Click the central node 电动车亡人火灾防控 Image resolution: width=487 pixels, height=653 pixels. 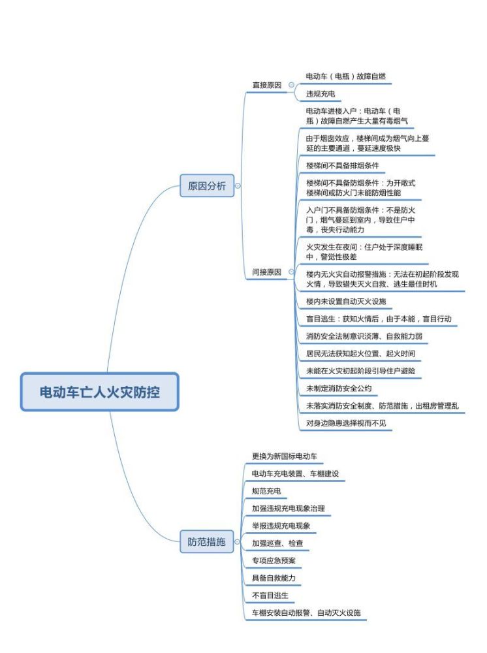click(99, 392)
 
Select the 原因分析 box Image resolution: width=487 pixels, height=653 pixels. click(207, 185)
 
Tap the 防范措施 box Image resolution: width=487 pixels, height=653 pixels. click(206, 542)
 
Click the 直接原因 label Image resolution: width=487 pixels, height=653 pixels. click(267, 85)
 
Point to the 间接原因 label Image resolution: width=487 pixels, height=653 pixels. click(267, 272)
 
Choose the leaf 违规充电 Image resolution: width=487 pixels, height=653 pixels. click(321, 93)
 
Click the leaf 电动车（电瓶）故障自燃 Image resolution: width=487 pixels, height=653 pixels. click(346, 76)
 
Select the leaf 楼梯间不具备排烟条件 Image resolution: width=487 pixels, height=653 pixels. click(343, 165)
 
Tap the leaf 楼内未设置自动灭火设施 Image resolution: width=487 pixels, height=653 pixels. click(346, 301)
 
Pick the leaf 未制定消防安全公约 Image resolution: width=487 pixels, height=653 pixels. click(339, 388)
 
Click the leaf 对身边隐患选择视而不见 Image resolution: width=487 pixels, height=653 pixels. click(346, 423)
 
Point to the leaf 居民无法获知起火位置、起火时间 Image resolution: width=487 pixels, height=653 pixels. click(360, 353)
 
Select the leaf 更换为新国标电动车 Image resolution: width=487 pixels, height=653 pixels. click(285, 456)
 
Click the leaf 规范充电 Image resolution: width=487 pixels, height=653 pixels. click(266, 491)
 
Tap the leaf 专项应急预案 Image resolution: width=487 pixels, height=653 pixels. click(274, 560)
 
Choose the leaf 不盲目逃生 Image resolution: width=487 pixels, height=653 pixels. click(270, 596)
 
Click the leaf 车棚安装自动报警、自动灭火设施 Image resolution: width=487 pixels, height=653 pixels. click(306, 613)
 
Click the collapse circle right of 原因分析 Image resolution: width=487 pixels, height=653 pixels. click(238, 185)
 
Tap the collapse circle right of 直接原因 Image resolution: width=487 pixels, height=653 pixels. click(291, 85)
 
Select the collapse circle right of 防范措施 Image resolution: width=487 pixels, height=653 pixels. click(237, 542)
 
